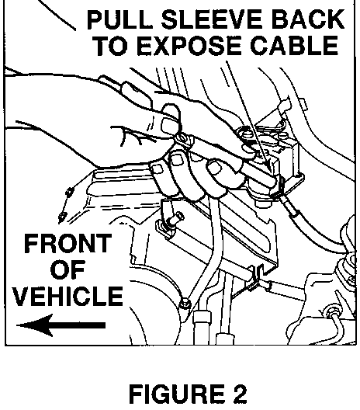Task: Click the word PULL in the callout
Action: tap(119, 20)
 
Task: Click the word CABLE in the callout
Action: tap(294, 46)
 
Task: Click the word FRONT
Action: tap(67, 244)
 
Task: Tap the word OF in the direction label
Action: tap(67, 269)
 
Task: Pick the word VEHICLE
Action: tap(68, 296)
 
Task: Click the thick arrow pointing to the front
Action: tap(61, 325)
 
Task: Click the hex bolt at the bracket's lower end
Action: tap(185, 304)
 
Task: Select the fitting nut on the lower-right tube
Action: tap(332, 311)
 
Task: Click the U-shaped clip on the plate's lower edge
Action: tap(258, 277)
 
